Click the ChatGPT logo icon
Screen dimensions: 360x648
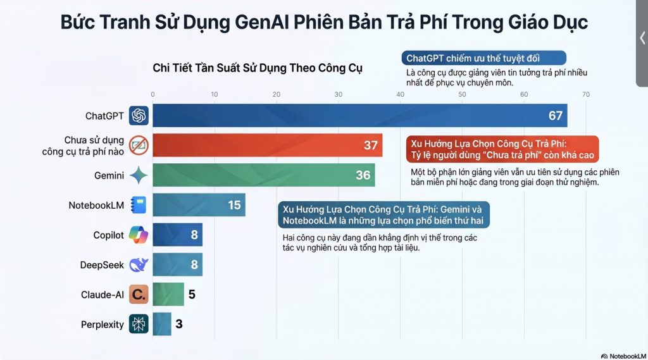pyautogui.click(x=139, y=116)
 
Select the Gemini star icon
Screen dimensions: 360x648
pyautogui.click(x=139, y=175)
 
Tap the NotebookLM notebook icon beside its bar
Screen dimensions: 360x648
pyautogui.click(x=139, y=205)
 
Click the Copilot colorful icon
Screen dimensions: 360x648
pyautogui.click(x=139, y=235)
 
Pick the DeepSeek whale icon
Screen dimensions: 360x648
pyautogui.click(x=139, y=264)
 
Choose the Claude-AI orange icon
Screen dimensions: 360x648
pyautogui.click(x=139, y=294)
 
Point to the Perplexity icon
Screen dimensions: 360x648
pyautogui.click(x=139, y=324)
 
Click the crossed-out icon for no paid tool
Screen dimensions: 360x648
pyautogui.click(x=139, y=146)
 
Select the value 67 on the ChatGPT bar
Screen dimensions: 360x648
pyautogui.click(x=556, y=116)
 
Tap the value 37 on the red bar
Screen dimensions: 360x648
pyautogui.click(x=370, y=146)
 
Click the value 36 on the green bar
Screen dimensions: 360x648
pyautogui.click(x=363, y=175)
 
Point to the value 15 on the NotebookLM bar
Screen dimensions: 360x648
pyautogui.click(x=234, y=205)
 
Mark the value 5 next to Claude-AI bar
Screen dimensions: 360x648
pyautogui.click(x=192, y=294)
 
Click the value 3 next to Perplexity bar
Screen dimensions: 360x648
pyautogui.click(x=179, y=324)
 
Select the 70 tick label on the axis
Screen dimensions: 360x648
pyautogui.click(x=586, y=94)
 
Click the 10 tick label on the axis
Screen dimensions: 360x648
pyautogui.click(x=215, y=94)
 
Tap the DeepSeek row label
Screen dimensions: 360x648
pyautogui.click(x=102, y=264)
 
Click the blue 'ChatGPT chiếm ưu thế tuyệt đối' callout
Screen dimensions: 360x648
pyautogui.click(x=482, y=58)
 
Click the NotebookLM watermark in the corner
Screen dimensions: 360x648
pyautogui.click(x=623, y=356)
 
